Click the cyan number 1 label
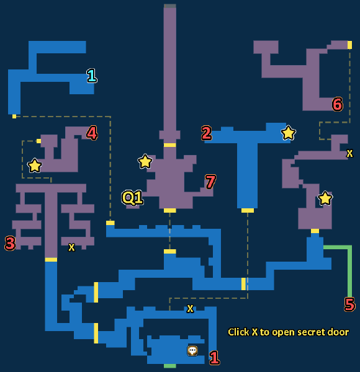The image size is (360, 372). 92,76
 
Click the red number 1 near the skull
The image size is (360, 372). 214,358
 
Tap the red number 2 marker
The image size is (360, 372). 206,133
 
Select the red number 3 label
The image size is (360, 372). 10,243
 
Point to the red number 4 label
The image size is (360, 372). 92,133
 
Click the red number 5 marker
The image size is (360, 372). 349,304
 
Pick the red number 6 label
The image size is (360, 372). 338,104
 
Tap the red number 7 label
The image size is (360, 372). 210,182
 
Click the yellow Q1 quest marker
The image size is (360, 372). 132,197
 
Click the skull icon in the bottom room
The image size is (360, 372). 192,350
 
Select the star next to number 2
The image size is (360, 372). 288,133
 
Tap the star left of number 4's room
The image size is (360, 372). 35,166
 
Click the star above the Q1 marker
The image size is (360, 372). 145,161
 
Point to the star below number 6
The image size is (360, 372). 325,198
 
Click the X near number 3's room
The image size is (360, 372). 71,247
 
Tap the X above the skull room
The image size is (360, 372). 190,309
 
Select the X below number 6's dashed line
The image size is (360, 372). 349,153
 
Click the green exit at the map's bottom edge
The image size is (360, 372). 170,366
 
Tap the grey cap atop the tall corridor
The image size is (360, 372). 170,6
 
